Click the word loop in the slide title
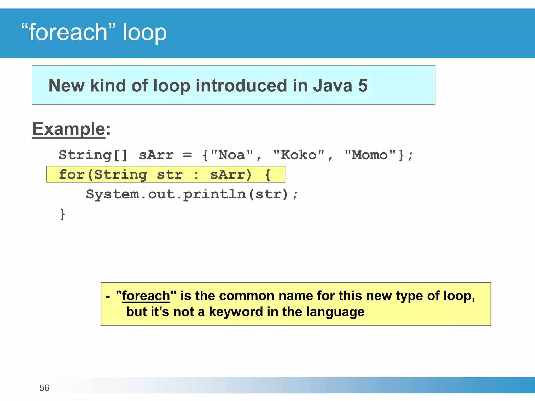tap(144, 33)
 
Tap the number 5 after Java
tap(363, 86)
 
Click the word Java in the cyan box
tap(333, 86)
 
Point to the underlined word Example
tap(69, 129)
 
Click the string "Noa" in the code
tap(232, 155)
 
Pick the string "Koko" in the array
tap(299, 155)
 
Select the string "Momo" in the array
tap(370, 155)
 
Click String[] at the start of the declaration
tap(93, 155)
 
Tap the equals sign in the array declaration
tap(187, 155)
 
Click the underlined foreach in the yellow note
tap(146, 296)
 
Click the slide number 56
tap(44, 388)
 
